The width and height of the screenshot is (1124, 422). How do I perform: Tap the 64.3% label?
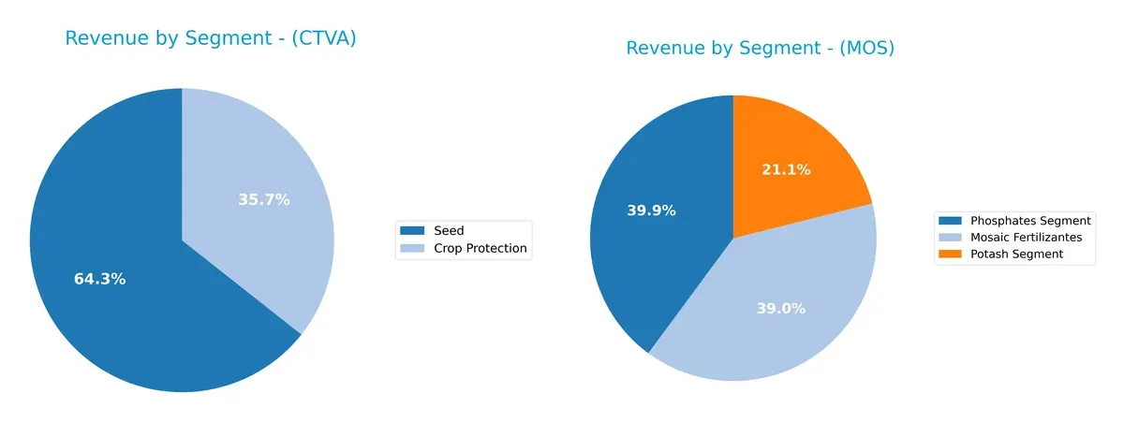click(x=99, y=279)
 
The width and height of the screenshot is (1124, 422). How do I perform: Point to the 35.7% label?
click(x=263, y=199)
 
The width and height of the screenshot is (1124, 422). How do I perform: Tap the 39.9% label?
click(x=651, y=211)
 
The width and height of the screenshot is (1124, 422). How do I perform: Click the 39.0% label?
click(x=781, y=308)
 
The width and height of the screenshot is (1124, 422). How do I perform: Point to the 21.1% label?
click(x=786, y=169)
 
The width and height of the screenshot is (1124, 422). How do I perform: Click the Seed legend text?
click(x=449, y=230)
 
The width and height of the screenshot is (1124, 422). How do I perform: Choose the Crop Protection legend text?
click(x=481, y=249)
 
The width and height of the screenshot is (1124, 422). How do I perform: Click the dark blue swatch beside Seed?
click(x=412, y=230)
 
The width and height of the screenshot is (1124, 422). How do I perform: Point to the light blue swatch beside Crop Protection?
click(x=412, y=249)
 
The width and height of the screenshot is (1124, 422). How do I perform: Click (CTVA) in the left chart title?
click(x=322, y=38)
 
